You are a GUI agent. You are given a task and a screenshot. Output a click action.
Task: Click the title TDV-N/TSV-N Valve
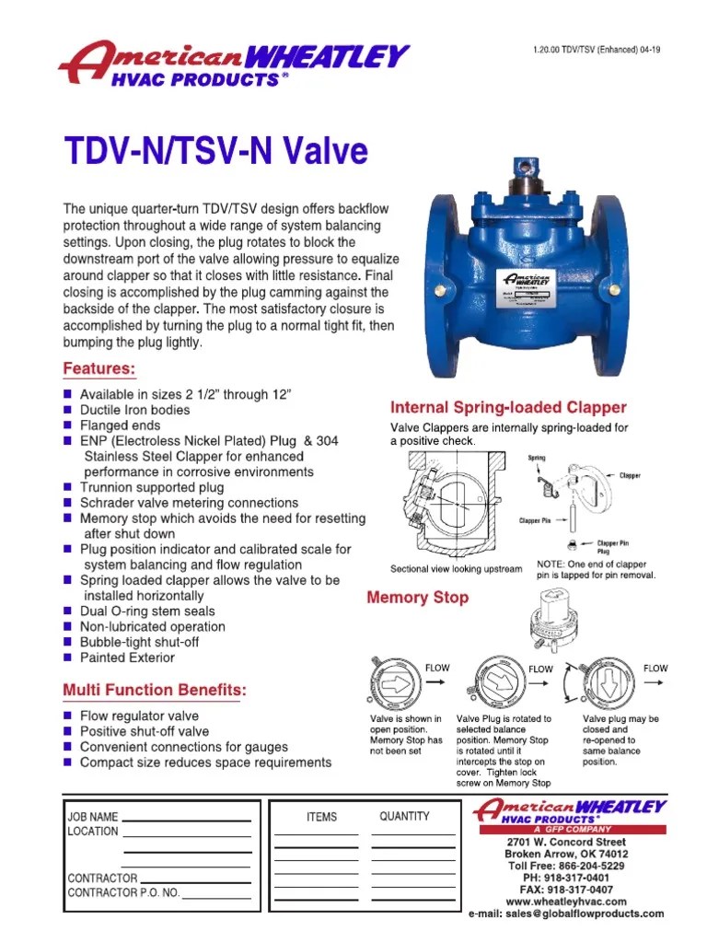(x=214, y=152)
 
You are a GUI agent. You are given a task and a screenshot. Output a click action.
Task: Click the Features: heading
(x=99, y=369)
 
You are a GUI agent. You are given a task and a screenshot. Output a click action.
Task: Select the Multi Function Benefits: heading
(x=154, y=690)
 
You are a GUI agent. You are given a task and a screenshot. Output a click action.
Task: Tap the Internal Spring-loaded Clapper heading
(x=508, y=407)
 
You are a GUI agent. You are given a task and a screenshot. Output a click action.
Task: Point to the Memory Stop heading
(x=417, y=598)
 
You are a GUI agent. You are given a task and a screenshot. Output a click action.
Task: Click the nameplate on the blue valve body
(x=527, y=287)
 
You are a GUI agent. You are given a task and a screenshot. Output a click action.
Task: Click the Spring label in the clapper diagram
(x=536, y=458)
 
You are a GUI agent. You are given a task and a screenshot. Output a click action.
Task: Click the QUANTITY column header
(x=404, y=816)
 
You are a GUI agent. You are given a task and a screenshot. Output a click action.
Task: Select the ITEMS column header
(x=321, y=817)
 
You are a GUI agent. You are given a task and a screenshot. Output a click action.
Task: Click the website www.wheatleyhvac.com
(x=566, y=902)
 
